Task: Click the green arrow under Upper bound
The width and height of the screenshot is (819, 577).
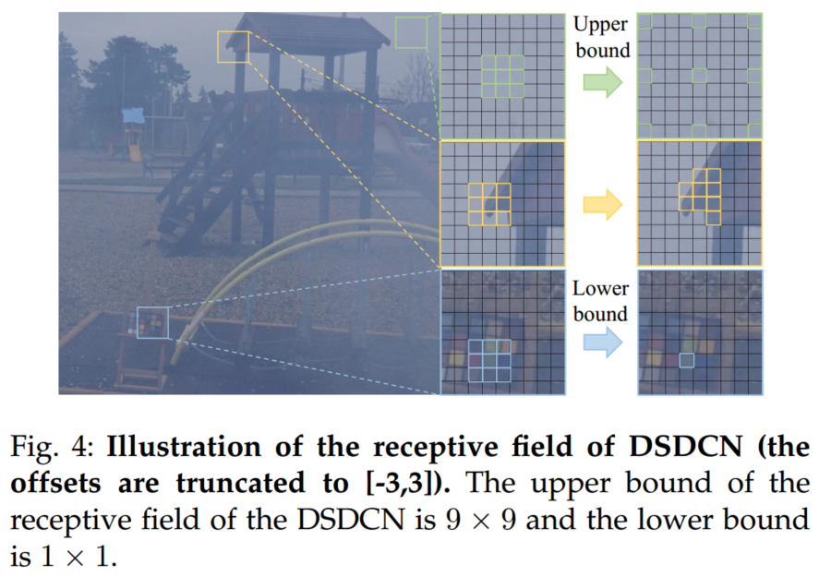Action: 600,86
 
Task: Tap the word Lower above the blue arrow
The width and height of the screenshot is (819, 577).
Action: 601,288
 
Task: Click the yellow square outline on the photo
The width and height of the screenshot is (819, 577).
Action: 234,46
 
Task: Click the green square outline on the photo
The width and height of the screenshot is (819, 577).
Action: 410,32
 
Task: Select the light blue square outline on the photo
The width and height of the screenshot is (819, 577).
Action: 153,323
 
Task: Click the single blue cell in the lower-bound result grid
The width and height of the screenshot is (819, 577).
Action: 686,360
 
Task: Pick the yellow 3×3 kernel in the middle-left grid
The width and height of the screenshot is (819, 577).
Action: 489,204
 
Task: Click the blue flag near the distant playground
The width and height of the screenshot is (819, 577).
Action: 133,115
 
